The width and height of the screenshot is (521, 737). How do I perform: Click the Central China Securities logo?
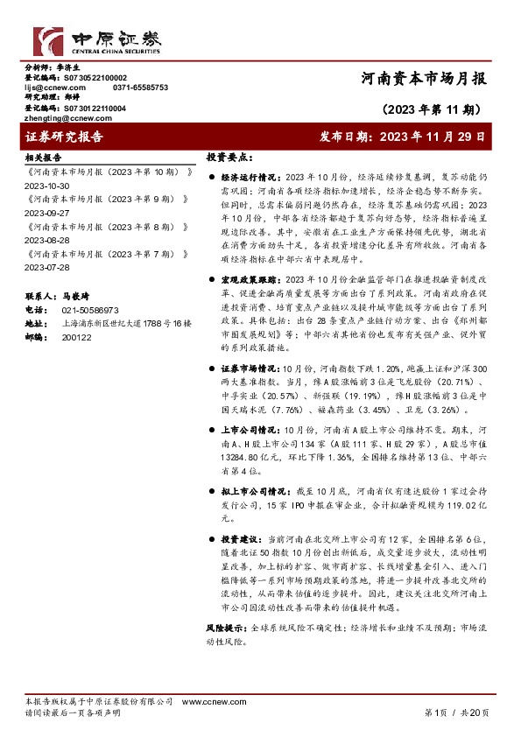point(97,39)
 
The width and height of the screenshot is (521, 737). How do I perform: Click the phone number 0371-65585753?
point(140,88)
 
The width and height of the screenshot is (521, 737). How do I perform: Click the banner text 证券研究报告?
point(65,137)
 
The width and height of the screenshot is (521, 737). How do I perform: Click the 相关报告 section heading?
point(43,158)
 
